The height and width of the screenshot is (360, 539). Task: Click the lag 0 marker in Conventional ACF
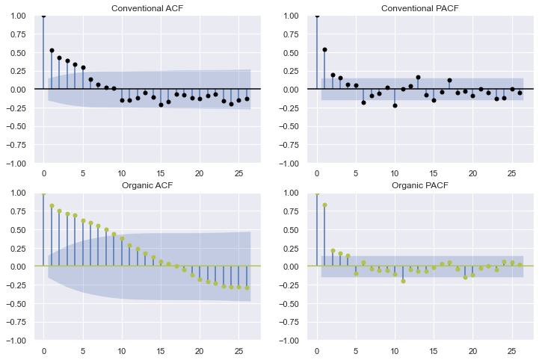43,15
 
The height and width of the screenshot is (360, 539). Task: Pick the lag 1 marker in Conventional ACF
52,51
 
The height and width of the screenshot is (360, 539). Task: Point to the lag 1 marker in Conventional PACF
324,49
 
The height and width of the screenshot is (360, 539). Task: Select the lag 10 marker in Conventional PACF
395,105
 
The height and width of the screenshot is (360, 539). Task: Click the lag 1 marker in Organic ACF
52,206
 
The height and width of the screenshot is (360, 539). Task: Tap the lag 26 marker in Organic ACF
247,288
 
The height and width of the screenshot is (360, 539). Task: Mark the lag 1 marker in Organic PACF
324,205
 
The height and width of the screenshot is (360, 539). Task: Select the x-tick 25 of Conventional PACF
511,174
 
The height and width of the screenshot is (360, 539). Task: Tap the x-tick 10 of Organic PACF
395,351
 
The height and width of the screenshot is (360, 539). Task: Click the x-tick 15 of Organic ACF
161,351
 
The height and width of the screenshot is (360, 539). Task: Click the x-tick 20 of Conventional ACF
200,174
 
